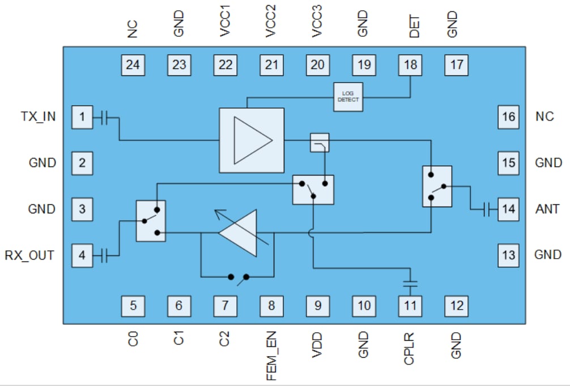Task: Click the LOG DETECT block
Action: pos(348,97)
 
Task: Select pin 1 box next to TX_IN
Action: pos(82,117)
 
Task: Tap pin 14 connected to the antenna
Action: pos(508,209)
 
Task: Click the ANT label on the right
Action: pos(547,209)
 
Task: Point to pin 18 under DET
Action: pos(410,65)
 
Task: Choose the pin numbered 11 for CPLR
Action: pos(410,306)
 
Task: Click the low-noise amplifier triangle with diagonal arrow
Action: pos(241,232)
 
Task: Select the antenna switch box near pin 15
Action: pos(437,186)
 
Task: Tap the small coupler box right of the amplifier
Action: pos(320,143)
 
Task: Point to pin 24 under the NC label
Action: pos(133,65)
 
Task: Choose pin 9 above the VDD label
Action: pos(318,306)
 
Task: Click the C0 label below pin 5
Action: pos(133,340)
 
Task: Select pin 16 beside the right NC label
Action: pos(508,117)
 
